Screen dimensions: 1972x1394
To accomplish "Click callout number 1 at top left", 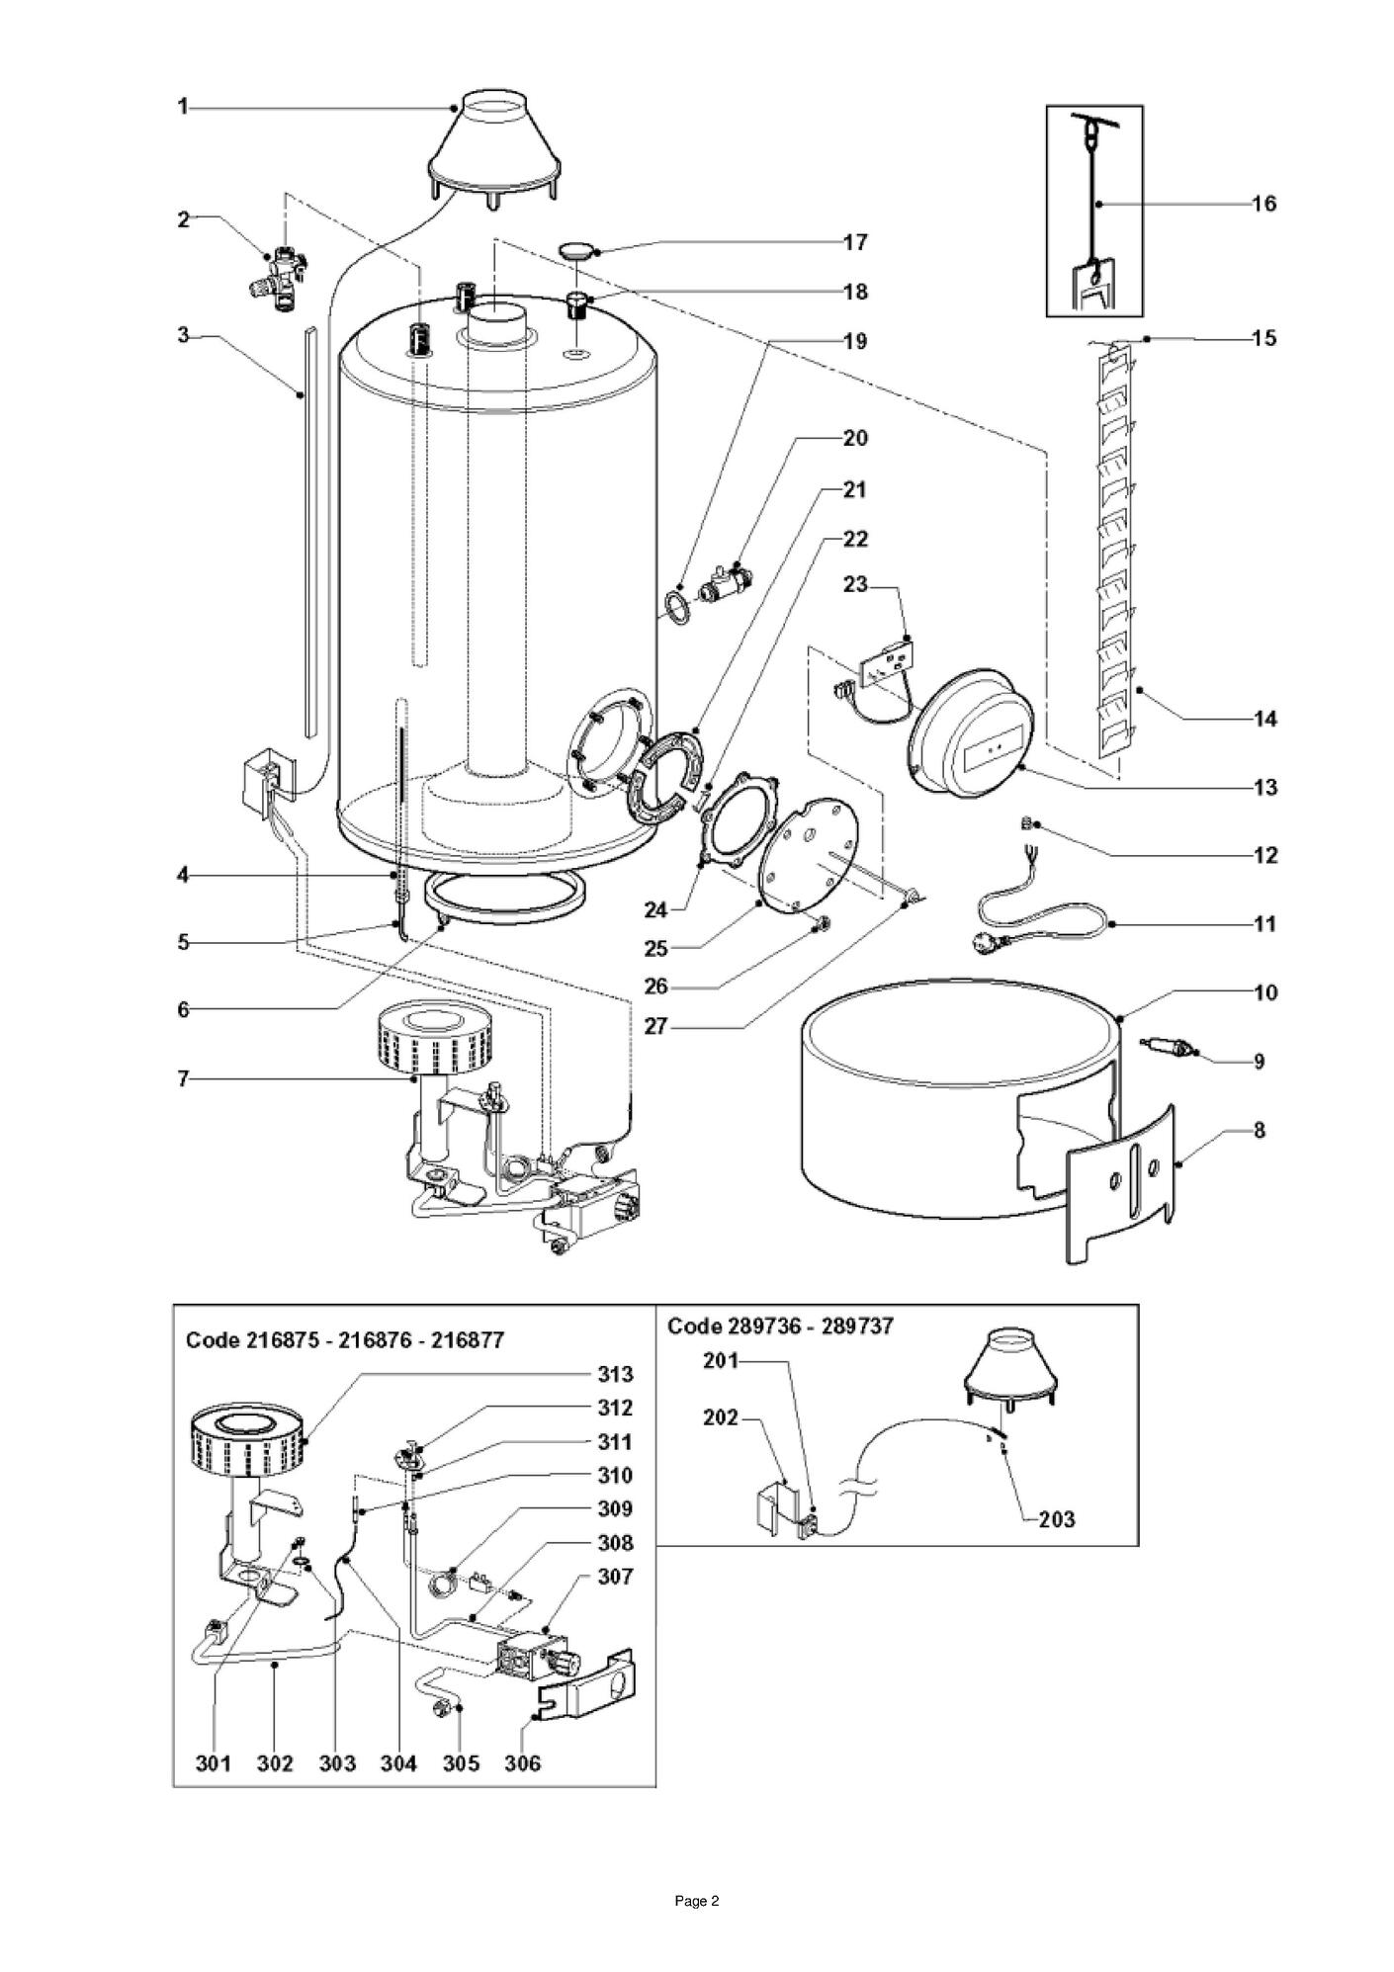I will [x=183, y=107].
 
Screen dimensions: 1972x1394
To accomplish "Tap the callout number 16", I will [x=1264, y=204].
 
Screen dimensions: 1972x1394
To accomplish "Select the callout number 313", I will [x=615, y=1374].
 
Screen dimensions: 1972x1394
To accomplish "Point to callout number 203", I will [x=1056, y=1519].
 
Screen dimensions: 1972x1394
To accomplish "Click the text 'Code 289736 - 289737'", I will [x=780, y=1326].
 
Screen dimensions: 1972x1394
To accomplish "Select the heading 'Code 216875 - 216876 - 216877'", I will [x=345, y=1340].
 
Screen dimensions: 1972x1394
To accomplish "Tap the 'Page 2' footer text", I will [x=697, y=1901].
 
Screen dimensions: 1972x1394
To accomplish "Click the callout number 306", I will [x=522, y=1763].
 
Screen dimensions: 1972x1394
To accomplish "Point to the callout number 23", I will [x=855, y=585].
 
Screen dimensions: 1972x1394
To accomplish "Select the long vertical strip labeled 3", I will [x=309, y=534].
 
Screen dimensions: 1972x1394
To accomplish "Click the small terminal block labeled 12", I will [x=1025, y=822].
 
